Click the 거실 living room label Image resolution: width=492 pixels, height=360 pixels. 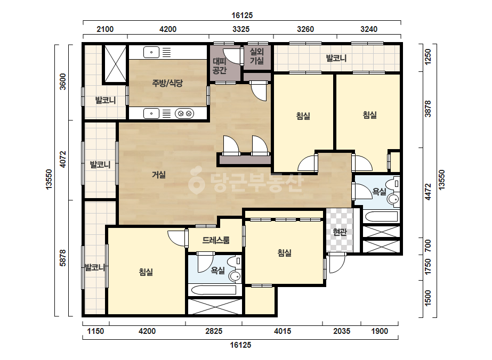159,175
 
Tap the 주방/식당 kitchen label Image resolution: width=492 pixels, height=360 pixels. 167,83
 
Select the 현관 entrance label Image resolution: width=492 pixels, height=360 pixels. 340,232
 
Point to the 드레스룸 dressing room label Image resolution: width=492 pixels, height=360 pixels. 216,240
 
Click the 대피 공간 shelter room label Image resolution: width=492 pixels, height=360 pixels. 220,66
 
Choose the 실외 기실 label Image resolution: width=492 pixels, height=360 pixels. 257,56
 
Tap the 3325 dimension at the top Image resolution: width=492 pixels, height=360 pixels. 241,29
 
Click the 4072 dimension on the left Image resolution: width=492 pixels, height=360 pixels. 63,159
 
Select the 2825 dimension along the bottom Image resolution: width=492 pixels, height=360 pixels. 214,331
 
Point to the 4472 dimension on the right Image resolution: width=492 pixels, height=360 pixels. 428,192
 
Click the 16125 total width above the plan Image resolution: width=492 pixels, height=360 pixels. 242,15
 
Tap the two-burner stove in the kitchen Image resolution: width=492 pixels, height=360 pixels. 184,113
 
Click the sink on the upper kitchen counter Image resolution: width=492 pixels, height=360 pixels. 151,52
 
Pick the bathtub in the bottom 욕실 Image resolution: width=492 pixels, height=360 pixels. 214,290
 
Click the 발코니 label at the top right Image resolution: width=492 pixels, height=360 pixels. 336,58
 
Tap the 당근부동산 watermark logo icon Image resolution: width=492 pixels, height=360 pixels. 196,180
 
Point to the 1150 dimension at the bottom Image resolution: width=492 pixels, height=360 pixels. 95,331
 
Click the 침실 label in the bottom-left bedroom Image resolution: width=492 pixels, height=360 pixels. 146,272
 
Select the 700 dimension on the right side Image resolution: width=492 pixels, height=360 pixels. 428,246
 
